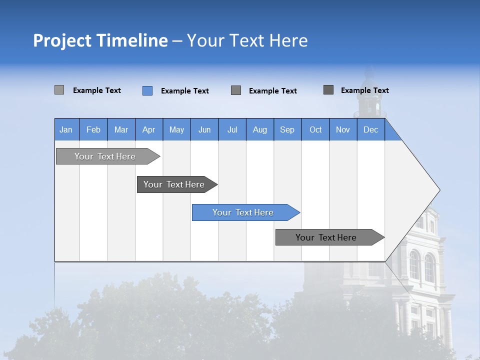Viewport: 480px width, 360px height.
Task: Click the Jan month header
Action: pyautogui.click(x=66, y=129)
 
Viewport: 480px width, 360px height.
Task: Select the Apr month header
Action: pyautogui.click(x=149, y=129)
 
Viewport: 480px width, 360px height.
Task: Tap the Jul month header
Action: pyautogui.click(x=232, y=129)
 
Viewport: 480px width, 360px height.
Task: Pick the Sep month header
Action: pyautogui.click(x=287, y=129)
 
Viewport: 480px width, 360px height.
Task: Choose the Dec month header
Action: pyautogui.click(x=371, y=129)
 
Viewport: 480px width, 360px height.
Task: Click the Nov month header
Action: pyautogui.click(x=343, y=129)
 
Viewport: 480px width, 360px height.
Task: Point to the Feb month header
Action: pyautogui.click(x=93, y=129)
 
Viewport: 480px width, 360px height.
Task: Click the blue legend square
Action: pyautogui.click(x=147, y=90)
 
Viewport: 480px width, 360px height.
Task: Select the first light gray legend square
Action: pyautogui.click(x=59, y=90)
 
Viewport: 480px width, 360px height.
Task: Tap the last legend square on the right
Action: pyautogui.click(x=328, y=90)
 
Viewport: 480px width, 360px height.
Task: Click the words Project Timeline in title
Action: pyautogui.click(x=100, y=40)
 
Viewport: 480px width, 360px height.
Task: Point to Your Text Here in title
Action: pyautogui.click(x=247, y=40)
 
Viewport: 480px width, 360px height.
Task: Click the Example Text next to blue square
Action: pyautogui.click(x=185, y=91)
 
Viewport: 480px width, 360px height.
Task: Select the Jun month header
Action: pyautogui.click(x=204, y=129)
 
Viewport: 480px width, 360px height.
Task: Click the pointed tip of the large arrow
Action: pyautogui.click(x=438, y=190)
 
